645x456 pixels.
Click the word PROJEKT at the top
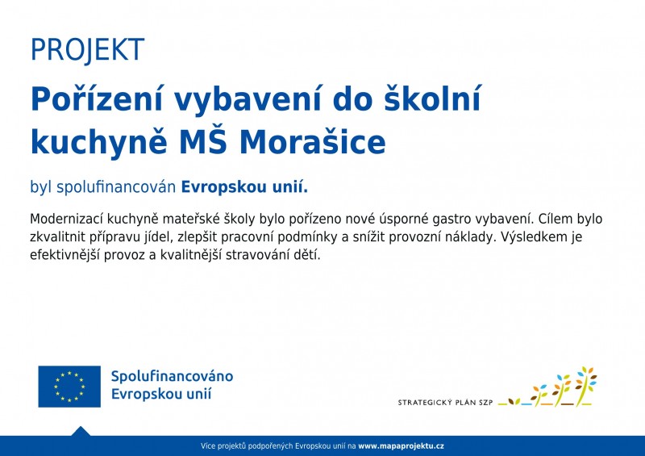coord(87,50)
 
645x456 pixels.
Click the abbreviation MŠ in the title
coord(204,143)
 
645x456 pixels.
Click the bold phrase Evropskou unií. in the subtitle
coord(244,187)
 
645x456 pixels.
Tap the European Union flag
coord(69,387)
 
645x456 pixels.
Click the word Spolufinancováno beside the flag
coord(172,377)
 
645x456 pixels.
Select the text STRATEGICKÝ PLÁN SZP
coord(445,402)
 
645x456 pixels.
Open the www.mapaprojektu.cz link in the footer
coord(401,446)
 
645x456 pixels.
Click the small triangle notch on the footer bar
coord(81,432)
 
